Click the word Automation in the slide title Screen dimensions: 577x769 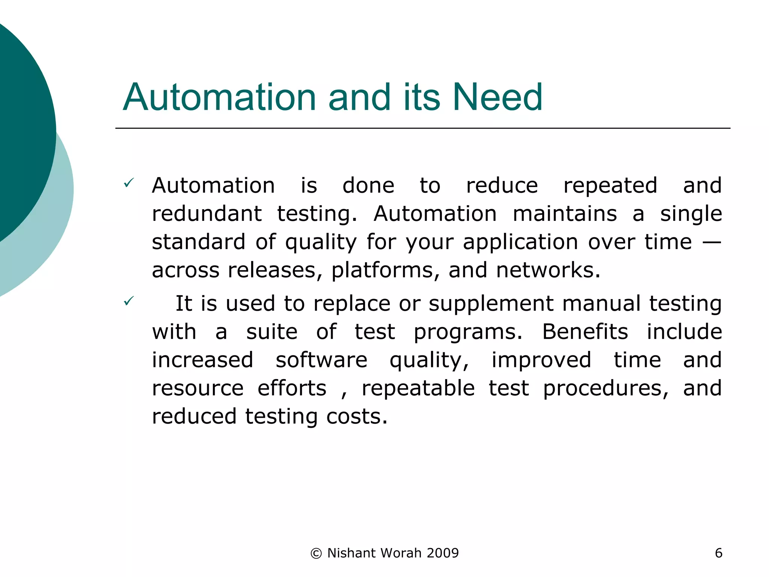tap(219, 97)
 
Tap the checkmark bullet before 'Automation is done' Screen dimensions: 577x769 tap(128, 183)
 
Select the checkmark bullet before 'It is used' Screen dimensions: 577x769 tap(128, 301)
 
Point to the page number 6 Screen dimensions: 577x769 tap(718, 553)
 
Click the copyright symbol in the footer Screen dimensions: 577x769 tap(316, 553)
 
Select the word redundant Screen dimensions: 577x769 tap(207, 214)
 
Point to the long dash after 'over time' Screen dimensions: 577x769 tap(711, 242)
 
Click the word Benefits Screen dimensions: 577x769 tap(585, 332)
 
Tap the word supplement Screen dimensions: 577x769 tap(491, 304)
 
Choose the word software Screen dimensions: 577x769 tap(321, 360)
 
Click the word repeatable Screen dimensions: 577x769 tap(418, 388)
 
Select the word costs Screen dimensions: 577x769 tap(356, 416)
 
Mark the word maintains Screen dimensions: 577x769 tap(564, 214)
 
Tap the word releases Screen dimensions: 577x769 tap(274, 270)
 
